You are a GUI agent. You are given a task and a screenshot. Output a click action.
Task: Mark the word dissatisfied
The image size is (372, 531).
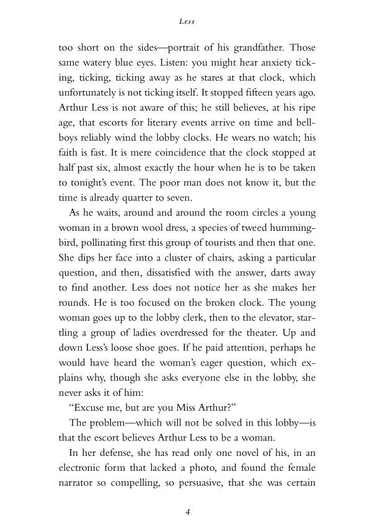(x=156, y=278)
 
